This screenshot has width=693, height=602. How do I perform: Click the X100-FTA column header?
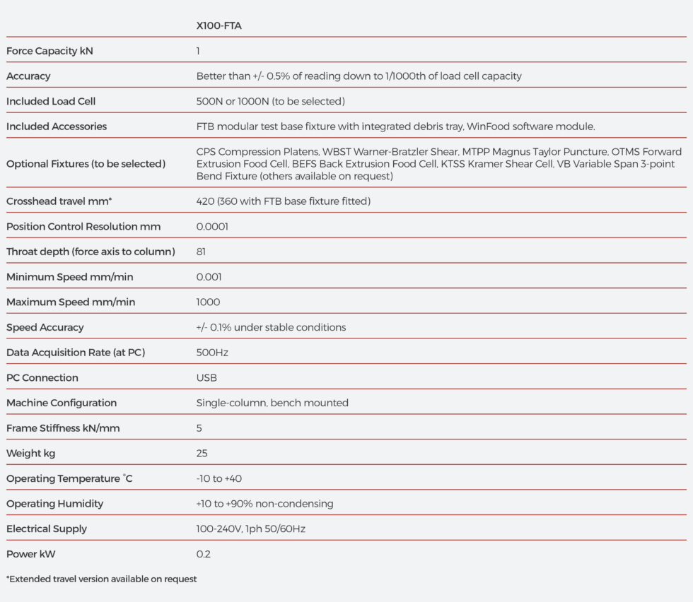[x=219, y=26]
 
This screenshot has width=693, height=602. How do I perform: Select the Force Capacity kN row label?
[x=49, y=51]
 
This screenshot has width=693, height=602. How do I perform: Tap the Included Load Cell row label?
[x=51, y=101]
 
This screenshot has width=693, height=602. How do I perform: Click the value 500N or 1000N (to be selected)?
[x=270, y=101]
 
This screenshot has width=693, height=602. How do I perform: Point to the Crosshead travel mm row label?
[x=59, y=201]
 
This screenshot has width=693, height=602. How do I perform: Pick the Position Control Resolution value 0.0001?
[x=212, y=227]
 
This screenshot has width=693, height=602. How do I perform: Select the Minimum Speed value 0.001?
[x=209, y=277]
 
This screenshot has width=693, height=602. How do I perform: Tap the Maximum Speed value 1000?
[x=208, y=302]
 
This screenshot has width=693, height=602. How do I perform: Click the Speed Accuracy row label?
[x=45, y=327]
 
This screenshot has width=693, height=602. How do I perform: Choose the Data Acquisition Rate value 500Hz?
[x=212, y=353]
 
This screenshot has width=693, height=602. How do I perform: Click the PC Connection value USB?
[x=206, y=377]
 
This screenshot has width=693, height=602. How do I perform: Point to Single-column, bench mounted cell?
[x=272, y=403]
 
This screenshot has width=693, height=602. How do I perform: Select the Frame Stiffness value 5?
[x=199, y=428]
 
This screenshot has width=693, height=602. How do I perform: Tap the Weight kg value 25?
[x=202, y=453]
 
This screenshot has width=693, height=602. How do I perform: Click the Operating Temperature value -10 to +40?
[x=219, y=478]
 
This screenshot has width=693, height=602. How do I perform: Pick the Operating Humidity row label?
[x=54, y=504]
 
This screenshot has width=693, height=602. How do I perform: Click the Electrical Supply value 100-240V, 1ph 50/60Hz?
[x=250, y=529]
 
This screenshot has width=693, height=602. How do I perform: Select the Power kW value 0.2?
[x=203, y=554]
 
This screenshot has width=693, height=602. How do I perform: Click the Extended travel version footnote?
[x=101, y=579]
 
